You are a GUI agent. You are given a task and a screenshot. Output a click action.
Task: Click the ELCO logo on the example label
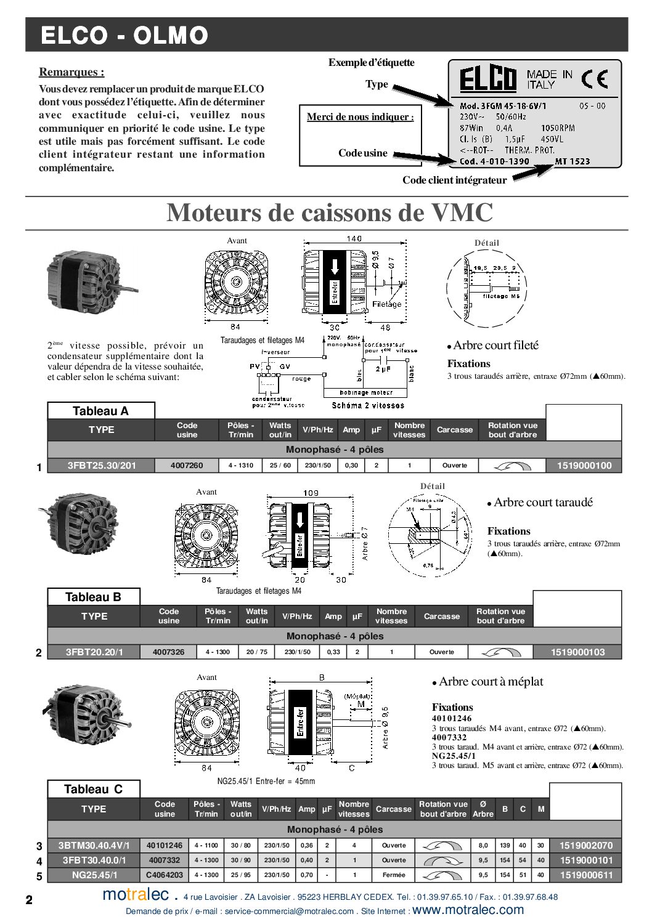pos(487,79)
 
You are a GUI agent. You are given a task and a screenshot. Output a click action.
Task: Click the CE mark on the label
pos(595,79)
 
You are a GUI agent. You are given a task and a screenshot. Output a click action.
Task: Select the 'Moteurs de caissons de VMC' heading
pos(330,212)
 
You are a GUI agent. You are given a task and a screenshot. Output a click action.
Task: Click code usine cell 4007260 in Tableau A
pos(187,466)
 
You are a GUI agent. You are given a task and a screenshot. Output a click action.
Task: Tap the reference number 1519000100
pos(584,466)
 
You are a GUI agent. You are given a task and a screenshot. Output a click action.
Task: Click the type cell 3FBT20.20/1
pos(94,652)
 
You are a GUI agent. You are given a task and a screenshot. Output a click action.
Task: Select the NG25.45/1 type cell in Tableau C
pos(94,875)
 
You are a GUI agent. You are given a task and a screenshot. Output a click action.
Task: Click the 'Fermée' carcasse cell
pos(394,875)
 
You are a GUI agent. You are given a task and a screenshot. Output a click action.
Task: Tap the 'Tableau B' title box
pos(94,597)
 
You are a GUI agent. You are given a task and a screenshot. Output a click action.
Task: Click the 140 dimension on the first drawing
pos(354,239)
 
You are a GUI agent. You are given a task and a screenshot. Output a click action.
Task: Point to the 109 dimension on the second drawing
pos(311,493)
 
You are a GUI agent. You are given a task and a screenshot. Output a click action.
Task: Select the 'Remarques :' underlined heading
pos(71,72)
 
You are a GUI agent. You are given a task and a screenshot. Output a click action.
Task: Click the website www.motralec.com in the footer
pos(468,910)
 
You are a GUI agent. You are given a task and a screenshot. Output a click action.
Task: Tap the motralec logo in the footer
pos(136,894)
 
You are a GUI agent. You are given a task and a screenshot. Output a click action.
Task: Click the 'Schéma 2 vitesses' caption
pos(368,405)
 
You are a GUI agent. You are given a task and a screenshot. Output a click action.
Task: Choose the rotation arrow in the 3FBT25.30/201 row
pos(513,466)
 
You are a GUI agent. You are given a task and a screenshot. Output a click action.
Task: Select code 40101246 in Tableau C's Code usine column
pos(165,846)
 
